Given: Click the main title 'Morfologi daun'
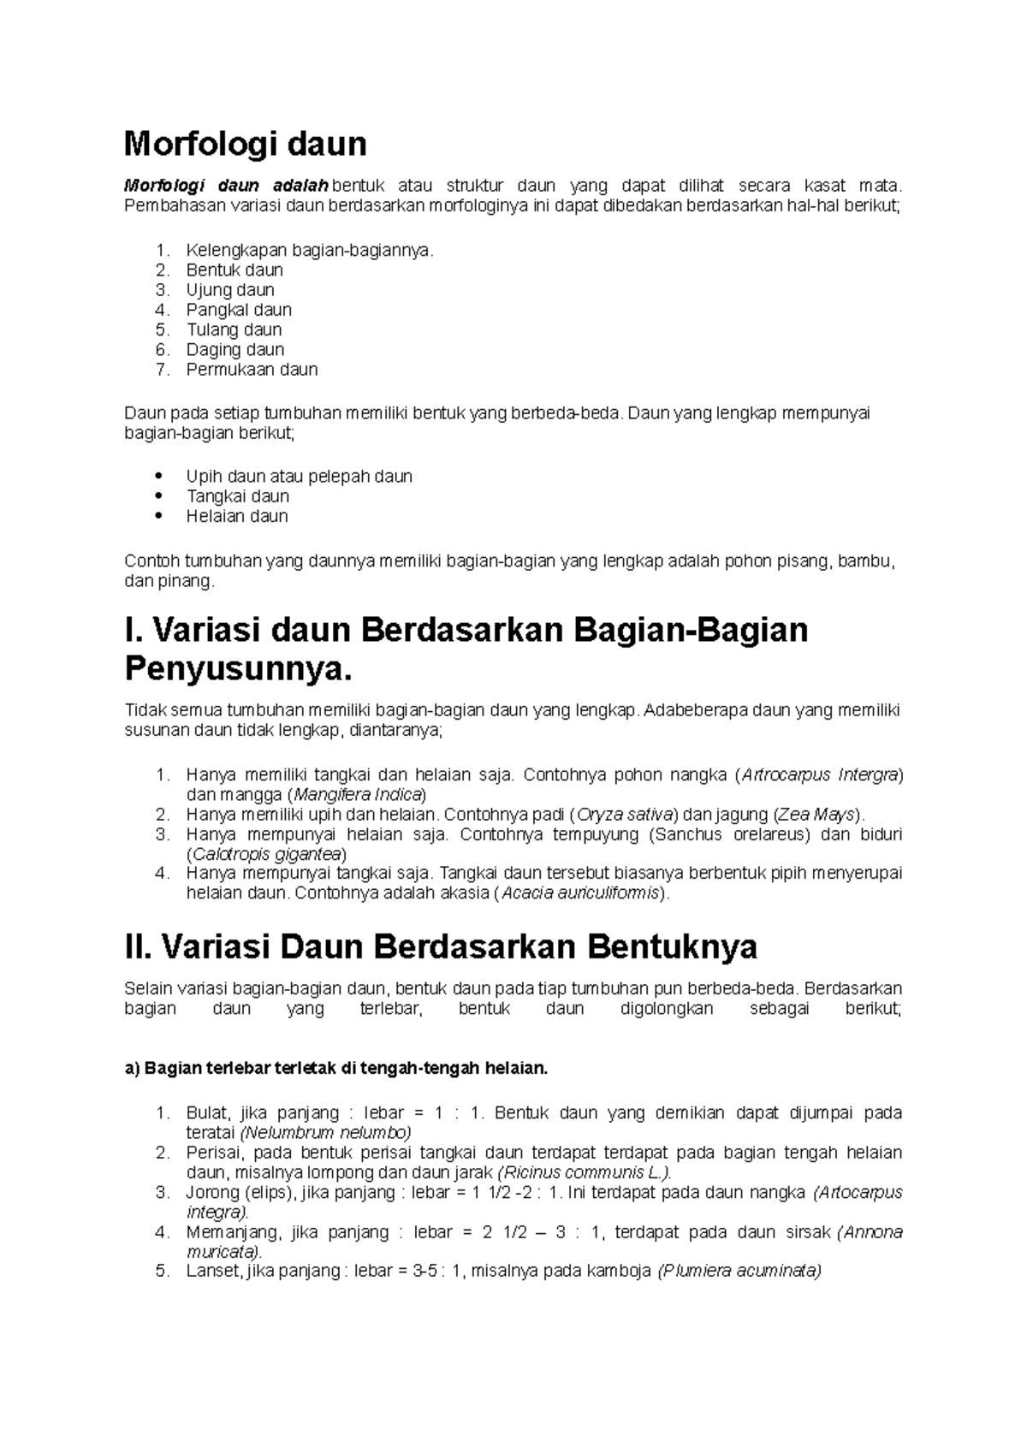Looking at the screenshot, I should pos(245,144).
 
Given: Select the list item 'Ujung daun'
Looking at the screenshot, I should pos(230,290).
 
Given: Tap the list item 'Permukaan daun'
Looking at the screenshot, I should pos(252,370).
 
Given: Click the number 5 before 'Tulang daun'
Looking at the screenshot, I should pos(163,329).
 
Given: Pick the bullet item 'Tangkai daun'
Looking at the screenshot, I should pos(237,496).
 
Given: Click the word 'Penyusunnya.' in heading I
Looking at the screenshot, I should pos(238,668).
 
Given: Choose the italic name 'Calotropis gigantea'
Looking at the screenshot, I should pos(267,854).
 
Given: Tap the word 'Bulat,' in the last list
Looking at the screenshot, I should pos(208,1113).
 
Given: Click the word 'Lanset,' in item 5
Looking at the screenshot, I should pos(213,1272).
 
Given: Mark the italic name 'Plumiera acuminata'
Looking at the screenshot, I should pos(739,1272).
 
